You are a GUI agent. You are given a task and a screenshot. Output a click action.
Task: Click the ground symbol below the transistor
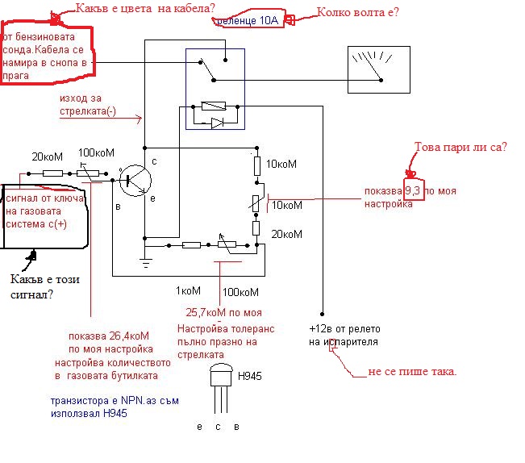pyautogui.click(x=144, y=260)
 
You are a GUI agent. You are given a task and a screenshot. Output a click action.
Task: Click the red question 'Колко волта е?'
pyautogui.click(x=357, y=12)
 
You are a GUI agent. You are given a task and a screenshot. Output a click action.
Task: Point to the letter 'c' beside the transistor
pyautogui.click(x=153, y=161)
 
